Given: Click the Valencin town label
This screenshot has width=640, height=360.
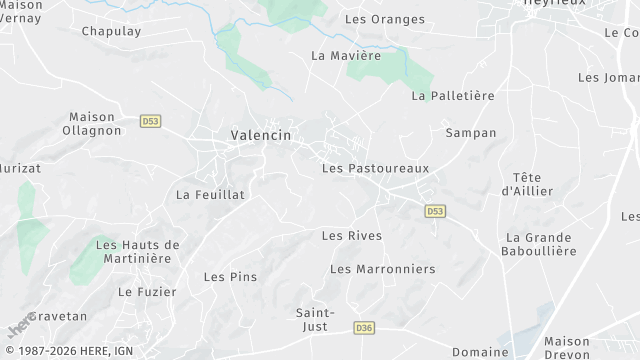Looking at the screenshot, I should (261, 135).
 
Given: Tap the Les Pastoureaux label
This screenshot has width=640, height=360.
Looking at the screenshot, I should (375, 168).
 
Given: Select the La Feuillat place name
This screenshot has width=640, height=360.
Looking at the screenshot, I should (210, 194).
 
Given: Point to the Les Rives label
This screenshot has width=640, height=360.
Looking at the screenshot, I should (351, 235).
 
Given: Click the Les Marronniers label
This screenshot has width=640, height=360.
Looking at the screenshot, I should (382, 269).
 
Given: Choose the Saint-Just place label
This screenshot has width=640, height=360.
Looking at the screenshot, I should (316, 320).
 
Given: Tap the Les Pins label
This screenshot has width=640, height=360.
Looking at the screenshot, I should (230, 276).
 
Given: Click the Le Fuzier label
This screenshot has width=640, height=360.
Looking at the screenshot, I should (147, 292).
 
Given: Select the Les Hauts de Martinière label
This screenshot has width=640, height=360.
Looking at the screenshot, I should (137, 251).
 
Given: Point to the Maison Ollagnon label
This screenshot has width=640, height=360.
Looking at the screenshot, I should (91, 124).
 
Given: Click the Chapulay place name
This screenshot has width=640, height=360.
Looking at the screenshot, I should (111, 31).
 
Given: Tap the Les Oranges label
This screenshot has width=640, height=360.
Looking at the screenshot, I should (384, 19).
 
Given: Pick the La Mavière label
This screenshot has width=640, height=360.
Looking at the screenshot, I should (346, 55).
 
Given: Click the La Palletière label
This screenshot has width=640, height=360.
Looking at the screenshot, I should (453, 96).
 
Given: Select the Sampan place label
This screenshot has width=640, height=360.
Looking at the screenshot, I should (470, 132).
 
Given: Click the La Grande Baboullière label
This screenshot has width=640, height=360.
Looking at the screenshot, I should (540, 244).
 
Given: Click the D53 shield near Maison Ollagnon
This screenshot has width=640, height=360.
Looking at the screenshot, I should (150, 121).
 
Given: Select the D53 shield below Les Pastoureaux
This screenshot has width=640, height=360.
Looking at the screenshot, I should (434, 211).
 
